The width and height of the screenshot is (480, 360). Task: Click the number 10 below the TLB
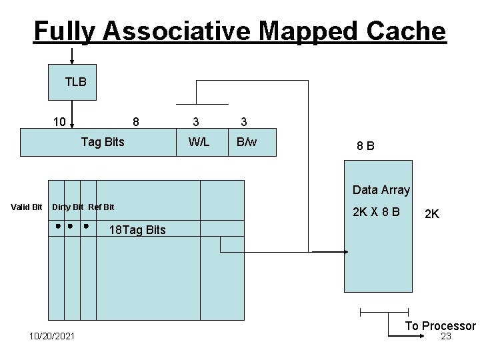tap(59, 121)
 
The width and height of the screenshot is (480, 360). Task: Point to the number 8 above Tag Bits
tap(136, 121)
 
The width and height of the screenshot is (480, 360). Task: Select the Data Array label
tap(381, 190)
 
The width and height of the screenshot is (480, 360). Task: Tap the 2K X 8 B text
tap(376, 212)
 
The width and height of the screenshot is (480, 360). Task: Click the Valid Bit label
tap(27, 207)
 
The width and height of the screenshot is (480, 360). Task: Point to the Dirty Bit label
tap(67, 207)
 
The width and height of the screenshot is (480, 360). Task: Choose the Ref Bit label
tap(101, 207)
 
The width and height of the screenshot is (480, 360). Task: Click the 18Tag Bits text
tap(137, 230)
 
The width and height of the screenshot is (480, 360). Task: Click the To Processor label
tap(440, 326)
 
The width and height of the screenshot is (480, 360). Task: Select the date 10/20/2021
tap(52, 335)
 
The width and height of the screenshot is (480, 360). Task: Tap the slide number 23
tap(446, 337)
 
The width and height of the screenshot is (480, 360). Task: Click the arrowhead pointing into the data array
tap(343, 252)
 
